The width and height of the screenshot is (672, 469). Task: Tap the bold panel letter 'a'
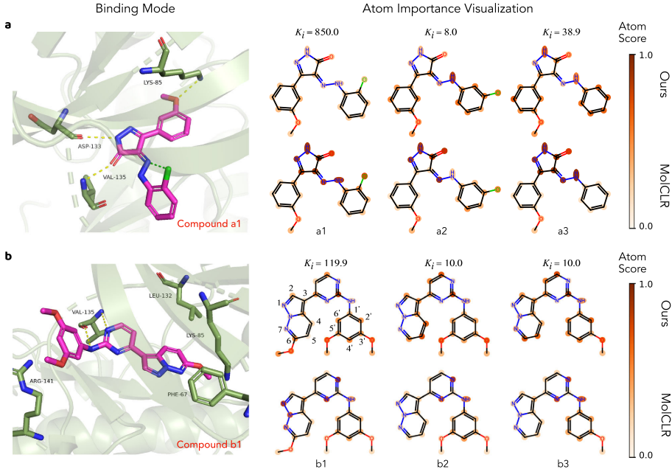(7, 25)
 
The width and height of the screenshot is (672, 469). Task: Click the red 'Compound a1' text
(209, 223)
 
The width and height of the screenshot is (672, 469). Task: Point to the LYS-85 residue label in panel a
(153, 83)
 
